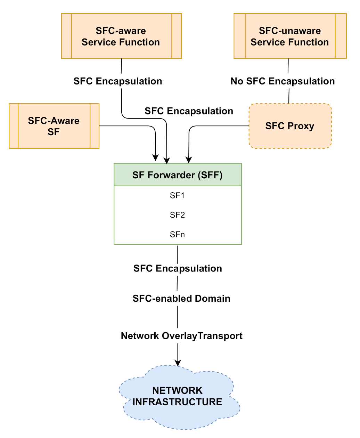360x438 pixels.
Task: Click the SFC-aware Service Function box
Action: coord(121,36)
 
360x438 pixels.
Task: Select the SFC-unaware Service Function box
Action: coord(290,36)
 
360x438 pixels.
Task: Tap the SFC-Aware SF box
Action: coord(54,126)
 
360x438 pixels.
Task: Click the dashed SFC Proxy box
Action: coord(290,126)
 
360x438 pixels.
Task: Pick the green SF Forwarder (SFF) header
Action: coord(178,175)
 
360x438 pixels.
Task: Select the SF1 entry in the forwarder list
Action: coord(177,195)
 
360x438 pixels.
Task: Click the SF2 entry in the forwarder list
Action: coord(177,215)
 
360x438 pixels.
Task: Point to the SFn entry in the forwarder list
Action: coord(177,234)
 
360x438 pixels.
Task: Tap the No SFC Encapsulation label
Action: coord(283,81)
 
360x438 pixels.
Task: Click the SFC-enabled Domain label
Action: coord(181,298)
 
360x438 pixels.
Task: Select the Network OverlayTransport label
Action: coord(181,336)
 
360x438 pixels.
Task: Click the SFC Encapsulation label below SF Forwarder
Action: coord(178,268)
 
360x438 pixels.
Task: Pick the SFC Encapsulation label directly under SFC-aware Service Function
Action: coord(117,81)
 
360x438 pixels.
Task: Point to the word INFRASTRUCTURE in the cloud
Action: coord(177,402)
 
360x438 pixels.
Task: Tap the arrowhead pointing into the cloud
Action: coord(178,363)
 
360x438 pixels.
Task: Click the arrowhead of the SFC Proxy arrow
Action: coord(189,160)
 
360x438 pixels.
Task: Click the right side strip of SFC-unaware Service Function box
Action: coord(341,36)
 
